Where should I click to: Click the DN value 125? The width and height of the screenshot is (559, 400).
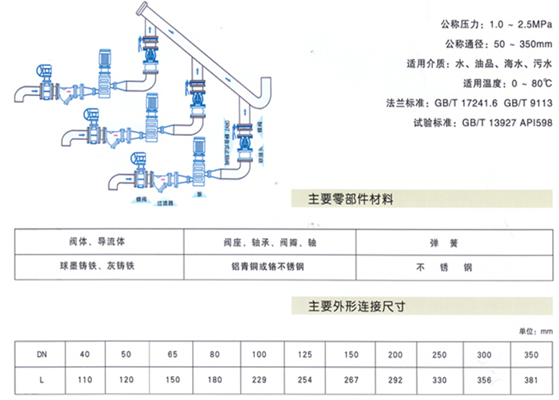pos(306,354)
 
